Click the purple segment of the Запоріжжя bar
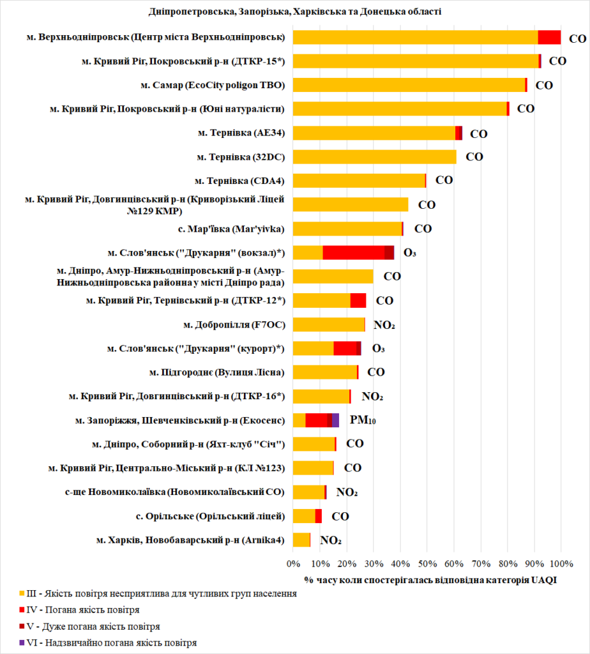[335, 420]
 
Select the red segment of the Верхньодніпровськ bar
[549, 38]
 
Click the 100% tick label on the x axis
[561, 564]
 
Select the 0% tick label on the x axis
[293, 564]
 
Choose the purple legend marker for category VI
[22, 643]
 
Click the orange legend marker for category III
[22, 593]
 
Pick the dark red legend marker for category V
[22, 626]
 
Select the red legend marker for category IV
[22, 610]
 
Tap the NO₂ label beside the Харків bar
[330, 540]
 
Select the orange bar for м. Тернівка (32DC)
[374, 157]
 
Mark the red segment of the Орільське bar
[318, 516]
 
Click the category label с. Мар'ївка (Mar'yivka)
[232, 229]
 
